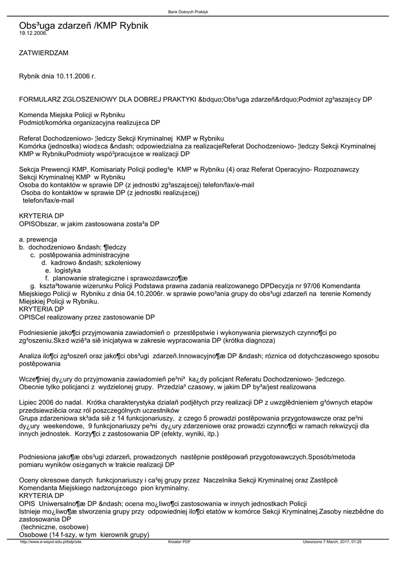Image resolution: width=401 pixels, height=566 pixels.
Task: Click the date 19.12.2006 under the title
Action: [x=33, y=33]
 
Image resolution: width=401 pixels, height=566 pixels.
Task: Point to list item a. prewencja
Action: [x=38, y=239]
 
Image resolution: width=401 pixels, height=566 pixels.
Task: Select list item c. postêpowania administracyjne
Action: [x=80, y=255]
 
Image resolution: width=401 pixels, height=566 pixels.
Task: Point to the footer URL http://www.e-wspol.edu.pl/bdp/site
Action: [x=50, y=542]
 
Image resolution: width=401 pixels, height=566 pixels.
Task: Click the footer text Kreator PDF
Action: [x=179, y=542]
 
